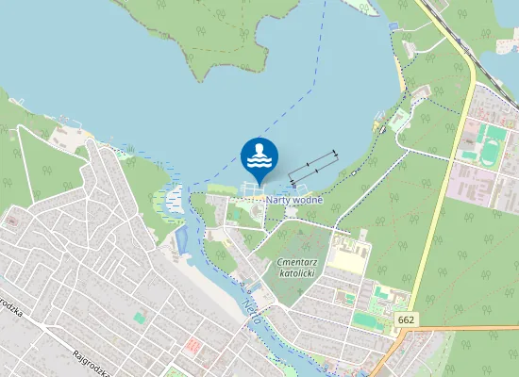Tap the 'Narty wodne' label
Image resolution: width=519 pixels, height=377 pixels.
pos(293,200)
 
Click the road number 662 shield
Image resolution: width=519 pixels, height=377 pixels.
pos(407,321)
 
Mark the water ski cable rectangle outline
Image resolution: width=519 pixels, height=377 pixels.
pos(312,167)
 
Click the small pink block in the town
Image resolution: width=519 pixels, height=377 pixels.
pos(194,346)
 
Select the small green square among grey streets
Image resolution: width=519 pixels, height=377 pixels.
pos(140,319)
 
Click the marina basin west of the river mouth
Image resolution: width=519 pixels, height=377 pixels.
pos(174,198)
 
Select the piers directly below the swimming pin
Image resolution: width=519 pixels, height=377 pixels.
pos(253,188)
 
